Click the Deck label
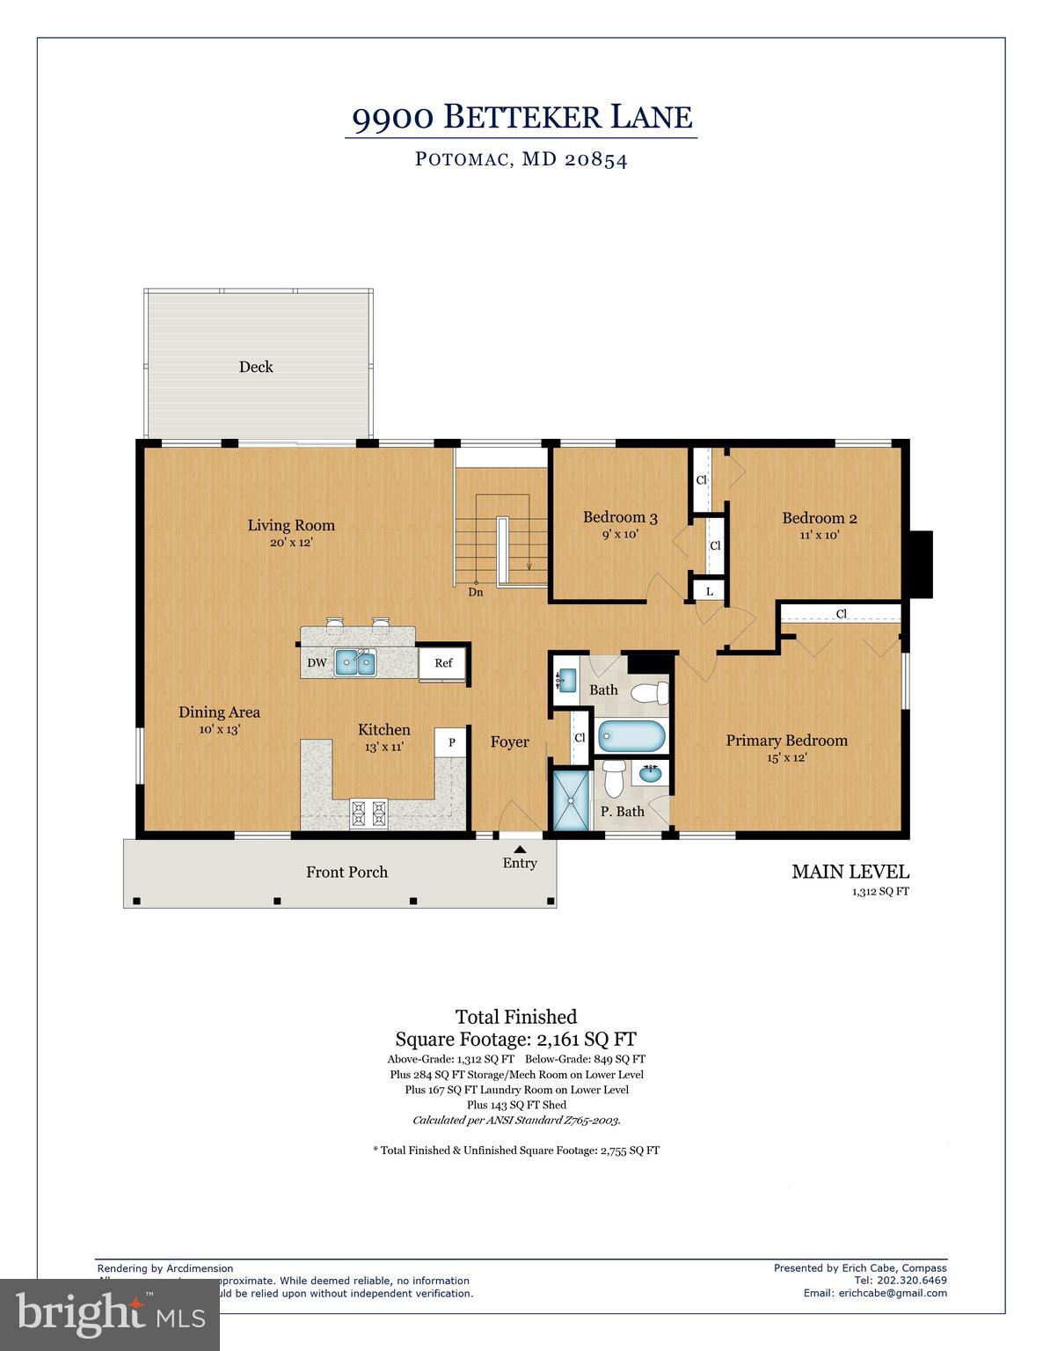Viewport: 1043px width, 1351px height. [x=256, y=367]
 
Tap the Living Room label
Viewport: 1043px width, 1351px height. [x=291, y=525]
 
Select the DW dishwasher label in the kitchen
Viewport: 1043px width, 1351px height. [x=317, y=663]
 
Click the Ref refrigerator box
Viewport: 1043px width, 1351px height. [x=443, y=663]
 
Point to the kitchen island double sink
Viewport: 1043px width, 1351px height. [x=355, y=662]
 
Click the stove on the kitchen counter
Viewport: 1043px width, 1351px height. [x=369, y=813]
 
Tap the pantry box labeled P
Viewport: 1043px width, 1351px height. [x=451, y=742]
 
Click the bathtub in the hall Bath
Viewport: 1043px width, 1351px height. [x=631, y=736]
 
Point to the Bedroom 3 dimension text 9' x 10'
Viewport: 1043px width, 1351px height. [x=620, y=534]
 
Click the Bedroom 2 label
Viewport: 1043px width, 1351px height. [x=819, y=518]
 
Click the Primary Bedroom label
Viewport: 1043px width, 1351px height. [x=786, y=741]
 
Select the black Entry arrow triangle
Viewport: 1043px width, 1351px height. [x=520, y=849]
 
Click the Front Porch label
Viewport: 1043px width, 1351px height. [x=346, y=872]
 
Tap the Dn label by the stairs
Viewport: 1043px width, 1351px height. [x=475, y=592]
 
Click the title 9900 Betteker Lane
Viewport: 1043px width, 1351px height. [x=521, y=116]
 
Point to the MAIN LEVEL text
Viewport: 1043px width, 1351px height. [x=850, y=872]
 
